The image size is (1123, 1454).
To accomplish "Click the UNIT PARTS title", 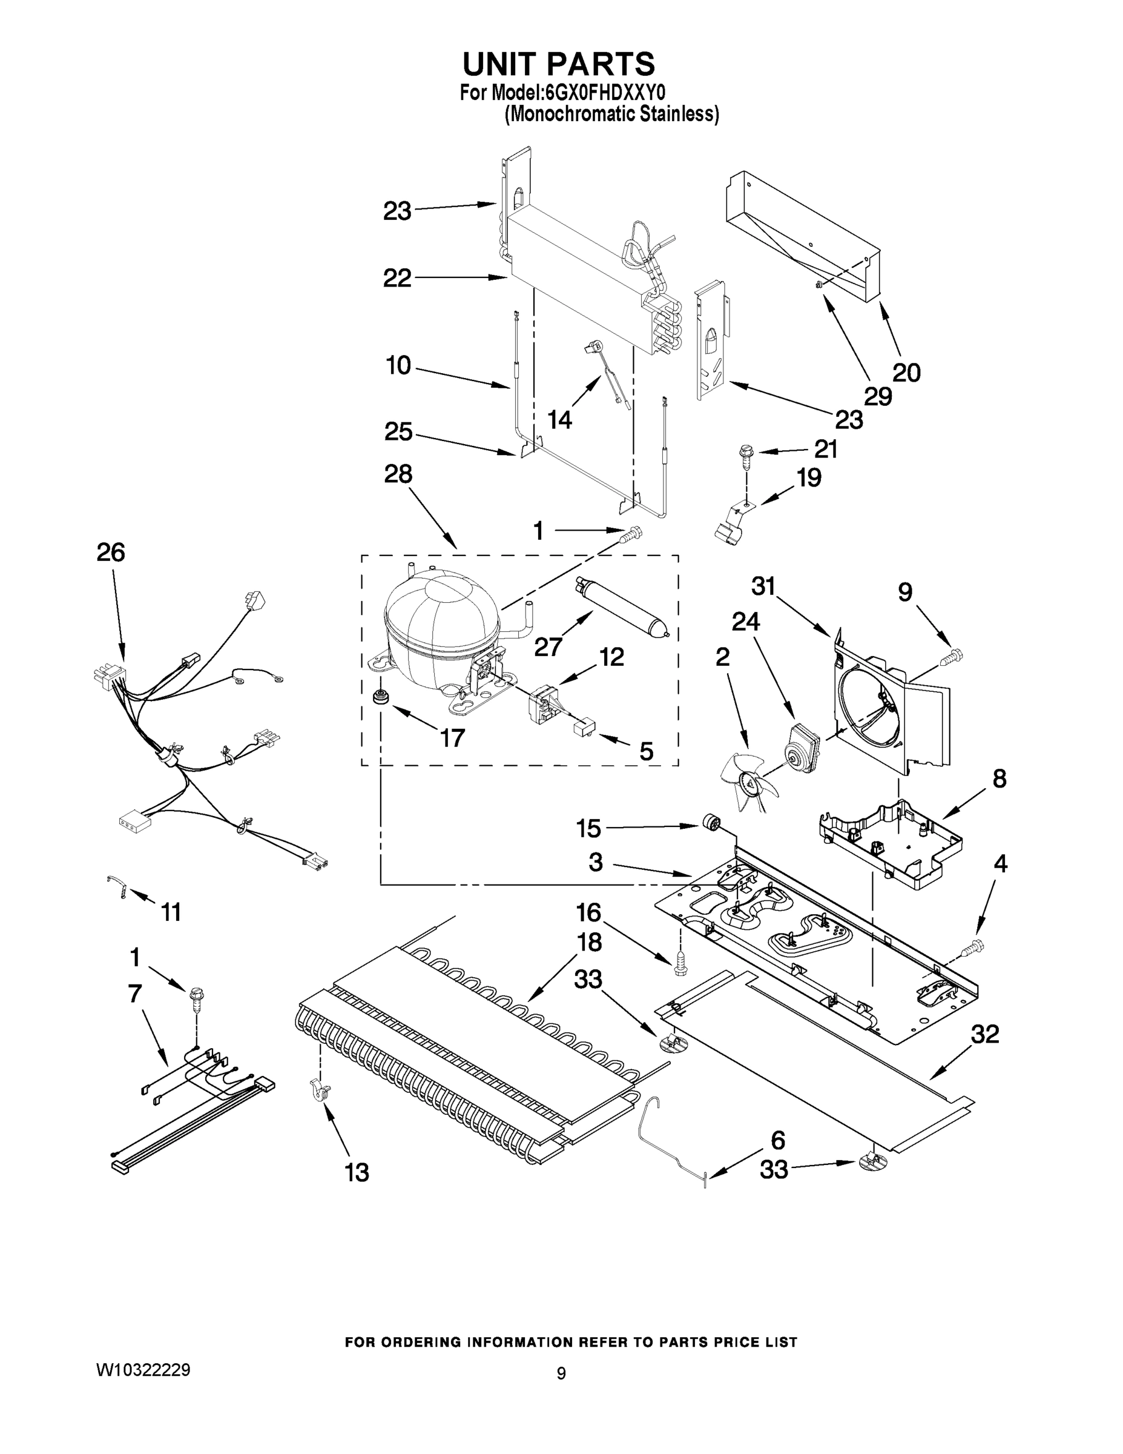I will coord(559,65).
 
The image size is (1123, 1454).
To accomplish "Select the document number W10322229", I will coord(143,1369).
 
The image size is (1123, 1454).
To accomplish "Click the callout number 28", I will coord(398,474).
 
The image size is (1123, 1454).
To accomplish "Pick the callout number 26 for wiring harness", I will coord(110,553).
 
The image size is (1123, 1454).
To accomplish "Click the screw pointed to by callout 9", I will coord(950,658).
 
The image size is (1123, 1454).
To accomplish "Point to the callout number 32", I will coord(984,1034).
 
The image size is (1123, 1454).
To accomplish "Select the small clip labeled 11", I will coord(117,887).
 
